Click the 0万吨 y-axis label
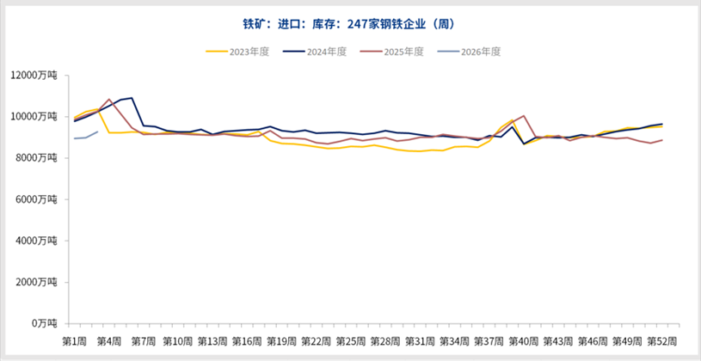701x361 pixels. (45, 322)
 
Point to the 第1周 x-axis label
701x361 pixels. (75, 341)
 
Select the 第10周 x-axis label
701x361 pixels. (178, 341)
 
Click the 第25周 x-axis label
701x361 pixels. (350, 341)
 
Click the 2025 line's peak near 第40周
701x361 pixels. (524, 116)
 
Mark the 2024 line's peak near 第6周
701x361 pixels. (132, 98)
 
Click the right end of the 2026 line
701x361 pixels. (97, 131)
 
